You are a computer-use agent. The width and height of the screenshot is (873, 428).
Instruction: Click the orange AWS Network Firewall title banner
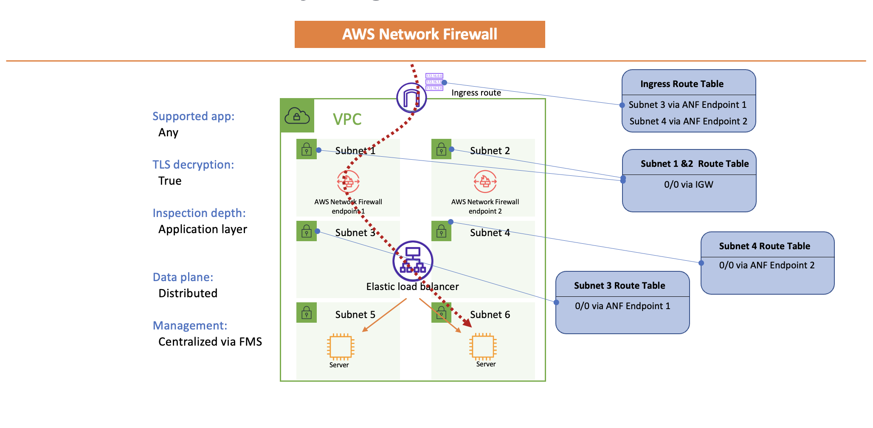pyautogui.click(x=420, y=34)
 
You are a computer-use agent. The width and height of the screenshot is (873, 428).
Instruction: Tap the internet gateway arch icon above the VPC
pyautogui.click(x=411, y=98)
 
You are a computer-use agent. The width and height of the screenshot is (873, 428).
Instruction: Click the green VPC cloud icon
pyautogui.click(x=297, y=115)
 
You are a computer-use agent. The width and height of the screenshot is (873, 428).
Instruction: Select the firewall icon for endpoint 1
pyautogui.click(x=348, y=182)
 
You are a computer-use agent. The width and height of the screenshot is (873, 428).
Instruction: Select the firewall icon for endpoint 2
pyautogui.click(x=485, y=182)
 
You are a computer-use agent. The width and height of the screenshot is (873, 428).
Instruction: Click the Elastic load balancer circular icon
pyautogui.click(x=413, y=261)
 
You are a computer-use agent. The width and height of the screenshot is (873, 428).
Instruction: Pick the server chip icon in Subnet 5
pyautogui.click(x=340, y=346)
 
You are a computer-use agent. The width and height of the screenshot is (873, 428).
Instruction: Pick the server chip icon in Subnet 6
pyautogui.click(x=483, y=346)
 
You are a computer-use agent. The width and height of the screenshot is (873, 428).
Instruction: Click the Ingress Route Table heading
pyautogui.click(x=682, y=84)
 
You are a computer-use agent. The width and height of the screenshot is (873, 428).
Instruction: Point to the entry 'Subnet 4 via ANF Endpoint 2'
pyautogui.click(x=688, y=121)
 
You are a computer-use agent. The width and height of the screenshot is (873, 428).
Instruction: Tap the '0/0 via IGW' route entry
pyautogui.click(x=688, y=185)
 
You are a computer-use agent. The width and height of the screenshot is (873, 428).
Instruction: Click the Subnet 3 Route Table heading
pyautogui.click(x=620, y=286)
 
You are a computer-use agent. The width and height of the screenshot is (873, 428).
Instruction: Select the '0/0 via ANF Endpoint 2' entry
pyautogui.click(x=766, y=265)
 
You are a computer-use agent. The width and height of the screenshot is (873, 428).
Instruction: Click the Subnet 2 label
pyautogui.click(x=490, y=151)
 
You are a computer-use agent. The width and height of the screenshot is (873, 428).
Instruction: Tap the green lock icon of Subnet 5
pyautogui.click(x=307, y=313)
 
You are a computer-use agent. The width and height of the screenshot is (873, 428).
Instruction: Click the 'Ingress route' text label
pyautogui.click(x=476, y=93)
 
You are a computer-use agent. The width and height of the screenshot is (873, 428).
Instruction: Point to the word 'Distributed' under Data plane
pyautogui.click(x=188, y=293)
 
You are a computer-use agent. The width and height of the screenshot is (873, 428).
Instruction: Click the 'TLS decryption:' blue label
pyautogui.click(x=193, y=165)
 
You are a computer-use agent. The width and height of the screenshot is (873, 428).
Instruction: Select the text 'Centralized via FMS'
pyautogui.click(x=210, y=342)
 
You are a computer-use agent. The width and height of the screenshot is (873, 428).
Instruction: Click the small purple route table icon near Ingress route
pyautogui.click(x=434, y=82)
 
